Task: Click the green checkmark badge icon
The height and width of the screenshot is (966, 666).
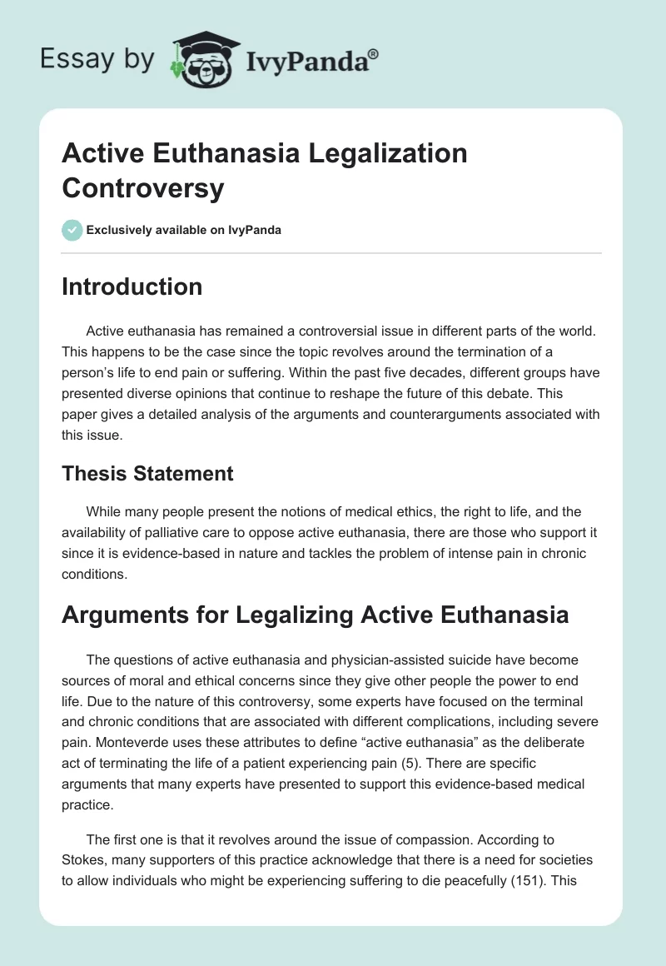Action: click(72, 230)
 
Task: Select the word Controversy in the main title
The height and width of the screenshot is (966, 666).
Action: click(143, 187)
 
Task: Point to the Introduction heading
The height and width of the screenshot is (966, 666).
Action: click(132, 286)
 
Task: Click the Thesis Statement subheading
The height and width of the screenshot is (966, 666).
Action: click(147, 474)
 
